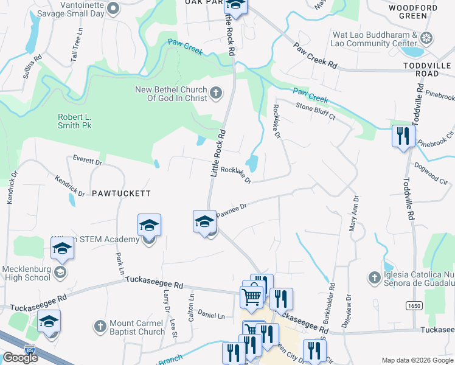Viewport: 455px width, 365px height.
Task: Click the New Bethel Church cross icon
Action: click(215, 94)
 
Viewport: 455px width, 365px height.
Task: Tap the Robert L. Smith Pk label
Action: click(83, 121)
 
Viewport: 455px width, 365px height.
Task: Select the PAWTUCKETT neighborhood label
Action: click(121, 193)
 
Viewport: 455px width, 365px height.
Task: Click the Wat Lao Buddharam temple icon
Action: click(427, 39)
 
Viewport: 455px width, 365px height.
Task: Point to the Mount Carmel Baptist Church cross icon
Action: click(100, 327)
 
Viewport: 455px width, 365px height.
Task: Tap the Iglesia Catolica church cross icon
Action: click(374, 278)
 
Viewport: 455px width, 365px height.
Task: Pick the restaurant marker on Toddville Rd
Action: click(403, 136)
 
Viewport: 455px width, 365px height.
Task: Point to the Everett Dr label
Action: click(87, 161)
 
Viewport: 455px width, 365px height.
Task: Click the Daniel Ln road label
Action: click(211, 316)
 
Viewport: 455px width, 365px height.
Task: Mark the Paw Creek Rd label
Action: click(315, 55)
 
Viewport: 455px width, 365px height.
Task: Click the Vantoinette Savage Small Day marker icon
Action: click(113, 8)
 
